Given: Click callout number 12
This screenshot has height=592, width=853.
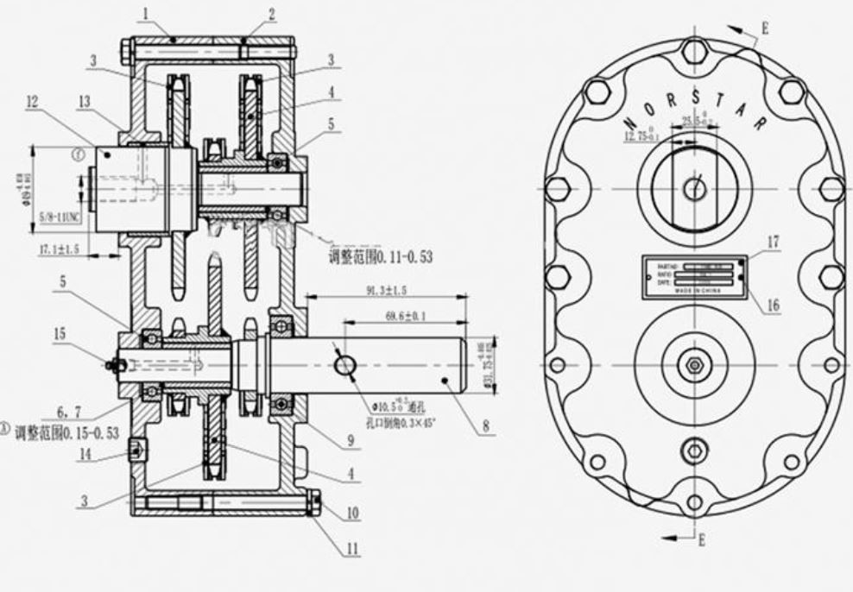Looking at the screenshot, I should coord(32,102).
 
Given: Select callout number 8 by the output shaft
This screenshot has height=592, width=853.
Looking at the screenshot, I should coord(486,425).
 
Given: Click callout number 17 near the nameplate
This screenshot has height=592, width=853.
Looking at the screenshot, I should coord(773,243).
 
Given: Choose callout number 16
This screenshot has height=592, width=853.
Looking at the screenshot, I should coord(773,304).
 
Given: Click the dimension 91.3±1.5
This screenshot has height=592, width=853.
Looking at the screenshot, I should coord(386,291).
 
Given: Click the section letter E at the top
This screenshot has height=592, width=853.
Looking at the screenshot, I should coord(763,28).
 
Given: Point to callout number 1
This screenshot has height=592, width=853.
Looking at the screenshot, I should coord(147,14).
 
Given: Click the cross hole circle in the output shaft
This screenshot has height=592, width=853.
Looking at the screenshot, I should coord(344,365).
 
